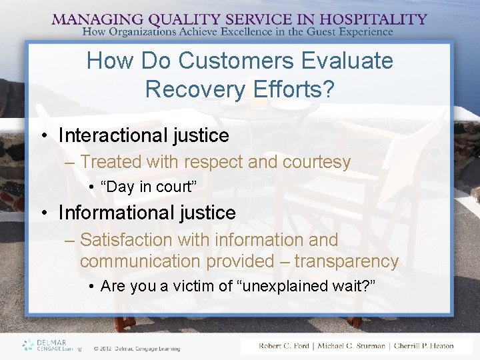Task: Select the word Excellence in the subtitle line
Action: click(x=255, y=31)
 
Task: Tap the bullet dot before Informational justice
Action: click(x=43, y=213)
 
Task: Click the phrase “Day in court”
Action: click(x=148, y=187)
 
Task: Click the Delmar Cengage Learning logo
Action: click(x=51, y=345)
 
